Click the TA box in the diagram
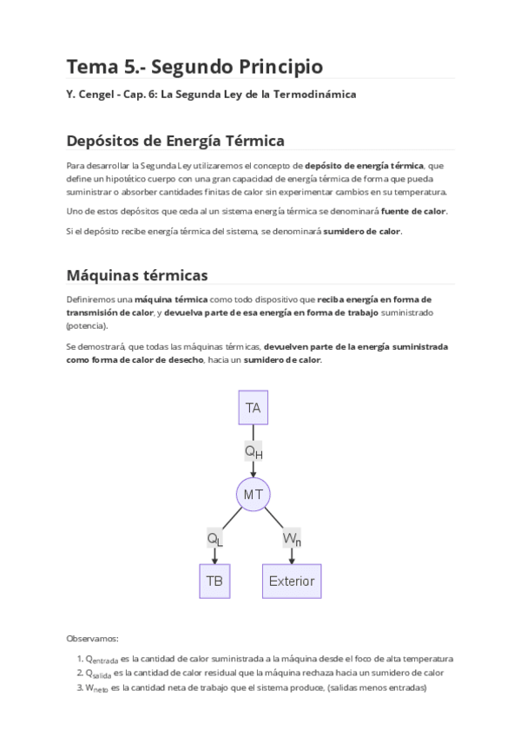253,408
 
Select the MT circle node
253,494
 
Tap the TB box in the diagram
214,581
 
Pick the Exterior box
292,581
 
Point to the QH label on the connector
253,451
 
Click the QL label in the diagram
214,538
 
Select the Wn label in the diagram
292,538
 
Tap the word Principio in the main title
276,67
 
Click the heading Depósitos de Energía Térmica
175,141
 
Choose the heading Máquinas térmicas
137,275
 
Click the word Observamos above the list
93,638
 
